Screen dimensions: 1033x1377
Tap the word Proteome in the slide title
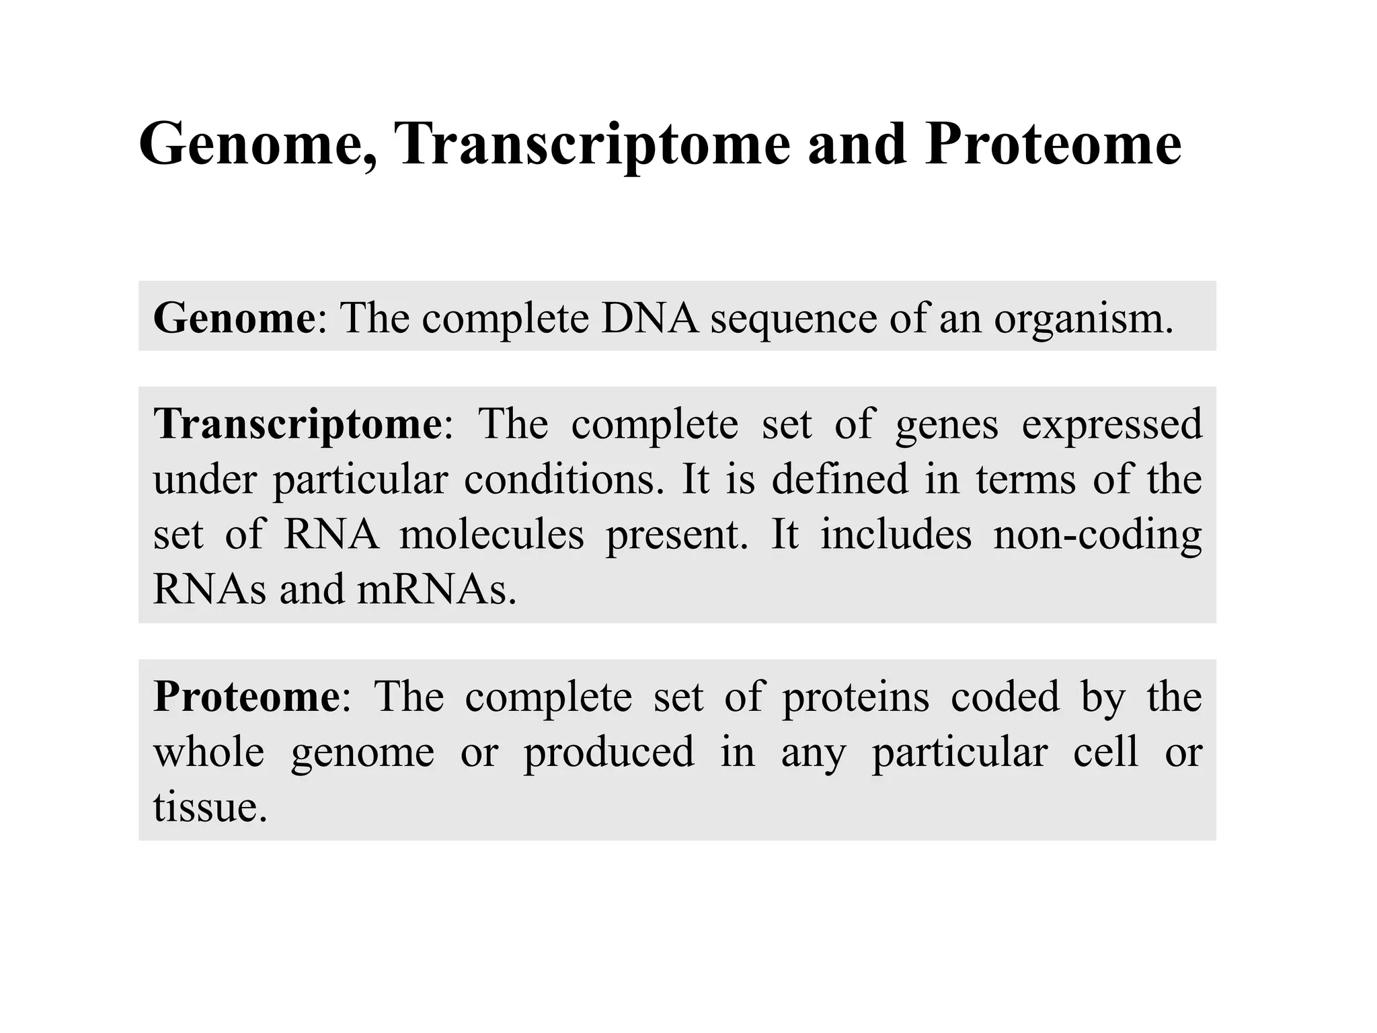(x=1052, y=144)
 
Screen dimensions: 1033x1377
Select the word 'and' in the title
(x=857, y=144)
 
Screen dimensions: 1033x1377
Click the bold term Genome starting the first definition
(x=234, y=317)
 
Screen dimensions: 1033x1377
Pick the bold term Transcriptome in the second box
(x=298, y=425)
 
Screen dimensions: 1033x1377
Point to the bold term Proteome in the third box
(x=247, y=697)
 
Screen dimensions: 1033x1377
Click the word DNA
(x=650, y=317)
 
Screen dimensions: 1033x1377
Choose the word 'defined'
(x=839, y=480)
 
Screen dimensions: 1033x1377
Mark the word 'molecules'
(x=491, y=535)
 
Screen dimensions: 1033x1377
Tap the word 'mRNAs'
(x=436, y=589)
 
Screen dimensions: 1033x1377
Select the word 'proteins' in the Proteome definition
(x=855, y=698)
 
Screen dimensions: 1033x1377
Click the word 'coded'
(x=1005, y=697)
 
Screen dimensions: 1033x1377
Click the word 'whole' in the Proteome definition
(x=208, y=752)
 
